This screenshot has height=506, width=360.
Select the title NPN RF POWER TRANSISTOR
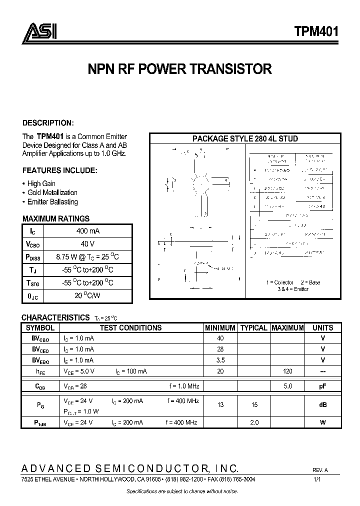(179, 69)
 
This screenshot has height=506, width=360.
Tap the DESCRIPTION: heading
(48, 123)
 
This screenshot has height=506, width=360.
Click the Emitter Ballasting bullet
(52, 202)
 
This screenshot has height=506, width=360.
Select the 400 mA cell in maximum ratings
(88, 231)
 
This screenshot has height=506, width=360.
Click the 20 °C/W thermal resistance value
(88, 295)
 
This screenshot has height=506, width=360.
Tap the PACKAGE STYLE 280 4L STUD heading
(245, 139)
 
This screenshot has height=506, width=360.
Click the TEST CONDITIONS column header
(130, 328)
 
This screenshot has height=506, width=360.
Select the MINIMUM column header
(220, 328)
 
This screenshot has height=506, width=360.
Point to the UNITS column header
(322, 328)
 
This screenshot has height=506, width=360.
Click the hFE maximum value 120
(287, 371)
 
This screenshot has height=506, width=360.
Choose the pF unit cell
(322, 386)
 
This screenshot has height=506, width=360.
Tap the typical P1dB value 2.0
(254, 422)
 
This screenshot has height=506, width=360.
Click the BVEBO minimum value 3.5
(220, 360)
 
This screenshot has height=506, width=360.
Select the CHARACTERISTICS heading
(55, 317)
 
